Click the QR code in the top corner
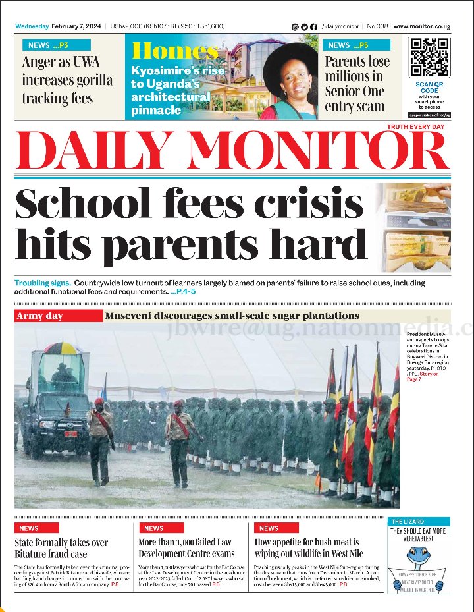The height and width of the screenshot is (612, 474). pyautogui.click(x=429, y=57)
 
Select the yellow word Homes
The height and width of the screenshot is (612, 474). pyautogui.click(x=174, y=51)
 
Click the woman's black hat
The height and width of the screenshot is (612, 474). pyautogui.click(x=291, y=57)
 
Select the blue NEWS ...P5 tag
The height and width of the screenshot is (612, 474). pyautogui.click(x=356, y=45)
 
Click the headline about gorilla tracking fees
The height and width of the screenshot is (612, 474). pyautogui.click(x=67, y=80)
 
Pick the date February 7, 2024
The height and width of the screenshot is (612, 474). pyautogui.click(x=77, y=26)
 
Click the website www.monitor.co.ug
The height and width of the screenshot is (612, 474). pyautogui.click(x=421, y=26)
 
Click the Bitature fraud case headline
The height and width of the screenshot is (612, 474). pyautogui.click(x=61, y=548)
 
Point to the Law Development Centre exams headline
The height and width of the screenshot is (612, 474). pyautogui.click(x=186, y=548)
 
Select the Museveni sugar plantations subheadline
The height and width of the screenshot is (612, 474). pyautogui.click(x=232, y=316)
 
